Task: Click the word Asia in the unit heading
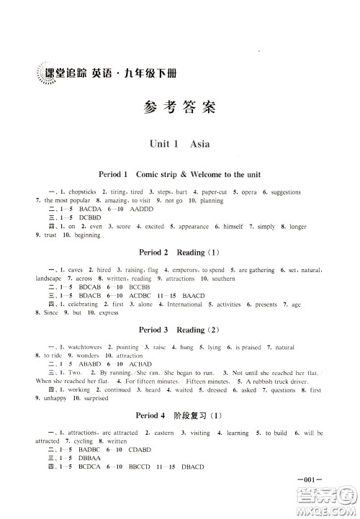200,144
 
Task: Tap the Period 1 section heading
179,175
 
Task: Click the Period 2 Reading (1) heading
179,253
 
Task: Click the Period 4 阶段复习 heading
179,417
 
